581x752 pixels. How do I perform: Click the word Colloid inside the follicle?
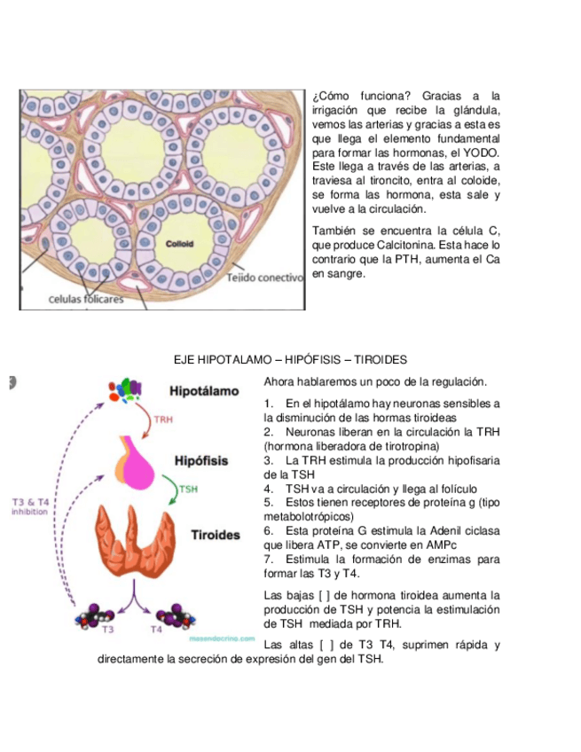[180, 244]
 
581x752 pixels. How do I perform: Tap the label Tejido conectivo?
[265, 278]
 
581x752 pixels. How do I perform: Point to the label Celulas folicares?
[85, 299]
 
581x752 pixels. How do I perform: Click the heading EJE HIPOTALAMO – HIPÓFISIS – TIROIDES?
[289, 360]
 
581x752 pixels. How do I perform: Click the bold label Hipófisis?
[202, 461]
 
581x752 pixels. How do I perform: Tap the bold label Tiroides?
[216, 535]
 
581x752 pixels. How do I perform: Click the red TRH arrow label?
[163, 420]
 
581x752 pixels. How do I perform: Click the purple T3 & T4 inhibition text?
[30, 507]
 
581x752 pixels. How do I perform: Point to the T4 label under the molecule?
[156, 630]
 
